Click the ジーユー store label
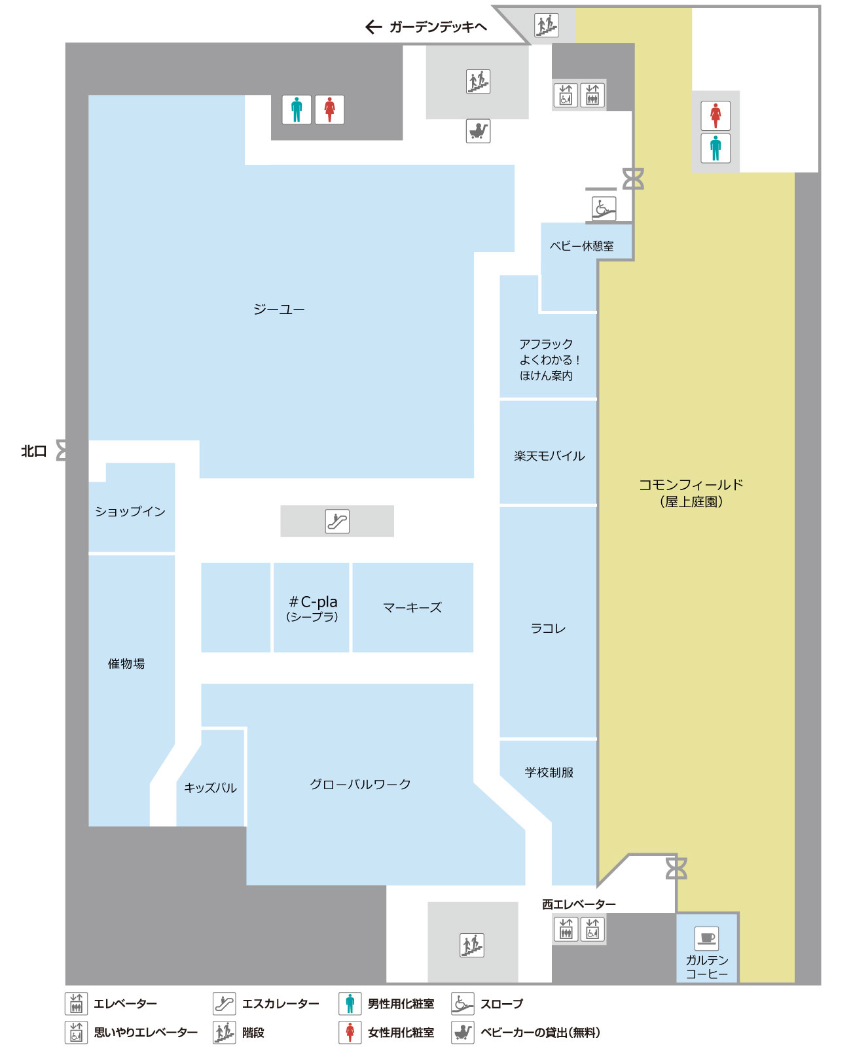pos(279,309)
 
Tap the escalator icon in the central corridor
pos(337,521)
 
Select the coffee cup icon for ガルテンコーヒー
pos(706,938)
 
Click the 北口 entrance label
pos(34,451)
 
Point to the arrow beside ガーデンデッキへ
pos(374,27)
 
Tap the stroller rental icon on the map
pos(478,131)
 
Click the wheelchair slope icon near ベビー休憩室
pos(604,208)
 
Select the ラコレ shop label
pos(548,629)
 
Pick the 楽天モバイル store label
pos(549,455)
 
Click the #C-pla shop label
pos(313,609)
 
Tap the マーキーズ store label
pos(412,607)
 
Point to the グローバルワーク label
pos(360,784)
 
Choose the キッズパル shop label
pos(210,788)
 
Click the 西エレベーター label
pos(579,904)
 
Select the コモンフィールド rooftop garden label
pos(691,493)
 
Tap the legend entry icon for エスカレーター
pos(224,1004)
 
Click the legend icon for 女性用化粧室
pos(350,1032)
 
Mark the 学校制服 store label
pos(549,772)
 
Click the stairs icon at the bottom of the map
pos(472,946)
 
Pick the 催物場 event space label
pos(126,664)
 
